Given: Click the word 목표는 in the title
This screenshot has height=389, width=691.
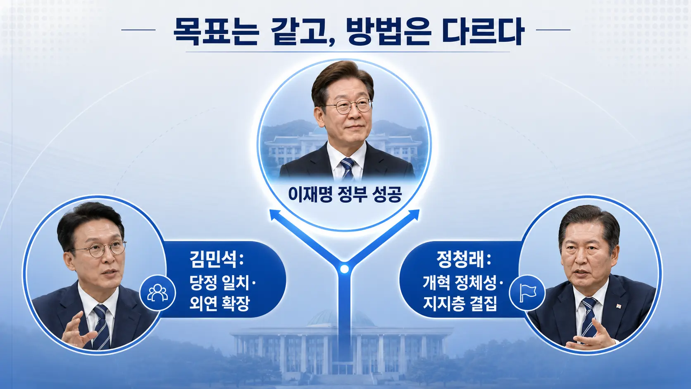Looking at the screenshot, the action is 215,32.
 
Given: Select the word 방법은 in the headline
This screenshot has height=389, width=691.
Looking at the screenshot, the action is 388,32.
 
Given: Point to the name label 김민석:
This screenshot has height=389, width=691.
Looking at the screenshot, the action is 217,260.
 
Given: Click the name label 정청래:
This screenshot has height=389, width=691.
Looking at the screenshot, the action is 463,260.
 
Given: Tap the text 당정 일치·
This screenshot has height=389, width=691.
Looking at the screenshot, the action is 223,283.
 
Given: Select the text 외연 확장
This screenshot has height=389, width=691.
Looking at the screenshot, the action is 219,303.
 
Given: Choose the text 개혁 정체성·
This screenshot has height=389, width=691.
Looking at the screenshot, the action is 463,283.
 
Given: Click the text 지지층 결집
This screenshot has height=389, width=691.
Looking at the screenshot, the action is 460,303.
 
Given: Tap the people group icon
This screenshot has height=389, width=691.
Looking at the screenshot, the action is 157,292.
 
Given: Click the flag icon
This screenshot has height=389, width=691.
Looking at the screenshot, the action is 527,292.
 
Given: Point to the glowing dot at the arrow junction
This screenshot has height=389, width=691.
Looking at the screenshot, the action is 344,269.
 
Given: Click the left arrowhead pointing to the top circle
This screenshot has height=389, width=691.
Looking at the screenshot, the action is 276,215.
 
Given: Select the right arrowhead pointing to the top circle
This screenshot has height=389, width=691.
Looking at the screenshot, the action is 413,215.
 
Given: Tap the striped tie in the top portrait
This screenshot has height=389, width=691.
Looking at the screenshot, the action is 348,169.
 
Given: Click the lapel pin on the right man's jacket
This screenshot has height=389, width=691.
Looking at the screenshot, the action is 618,306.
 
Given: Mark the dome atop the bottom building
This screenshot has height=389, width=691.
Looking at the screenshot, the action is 341,318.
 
